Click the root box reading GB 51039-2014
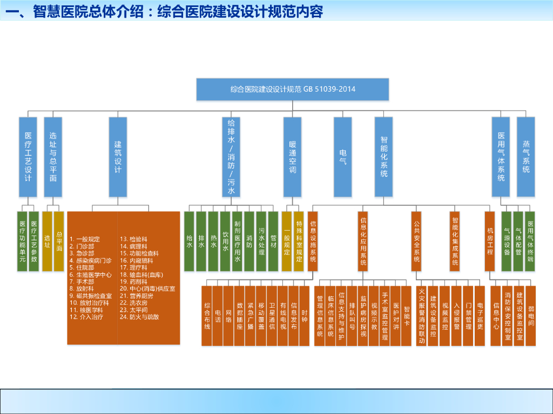tap(292, 89)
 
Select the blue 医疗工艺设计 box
tap(28, 156)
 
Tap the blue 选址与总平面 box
tap(53, 156)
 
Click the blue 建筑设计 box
tap(118, 156)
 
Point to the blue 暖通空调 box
tap(292, 156)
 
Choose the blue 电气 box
tap(342, 156)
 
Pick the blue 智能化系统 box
tap(383, 156)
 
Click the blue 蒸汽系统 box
tap(526, 156)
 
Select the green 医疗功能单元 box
tap(22, 241)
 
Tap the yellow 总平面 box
tap(59, 241)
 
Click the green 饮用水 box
tap(225, 241)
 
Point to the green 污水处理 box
tap(261, 241)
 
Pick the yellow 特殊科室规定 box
tap(299, 241)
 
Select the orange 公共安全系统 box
tap(416, 241)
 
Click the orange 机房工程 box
tap(490, 241)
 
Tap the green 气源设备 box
tap(507, 241)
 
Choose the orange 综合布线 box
tap(207, 315)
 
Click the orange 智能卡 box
tap(407, 315)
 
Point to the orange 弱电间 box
tap(531, 315)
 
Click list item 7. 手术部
tap(82, 281)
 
